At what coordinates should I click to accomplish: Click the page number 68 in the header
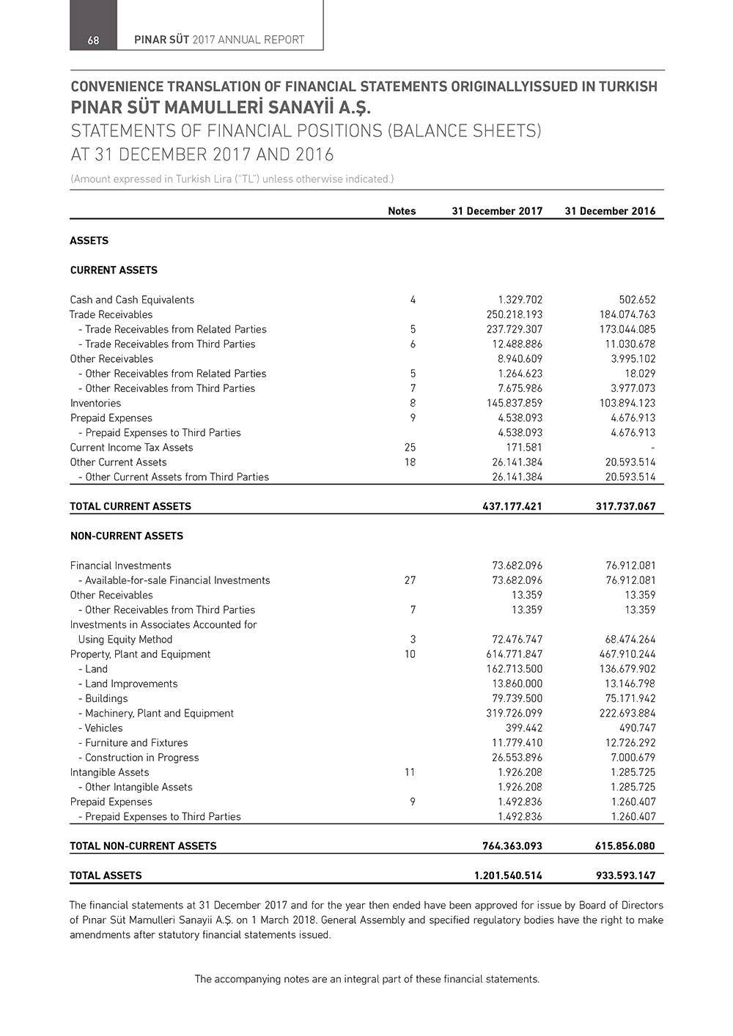click(93, 40)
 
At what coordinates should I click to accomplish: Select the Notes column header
click(402, 211)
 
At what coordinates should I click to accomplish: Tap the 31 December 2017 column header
click(497, 211)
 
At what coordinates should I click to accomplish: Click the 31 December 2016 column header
click(610, 211)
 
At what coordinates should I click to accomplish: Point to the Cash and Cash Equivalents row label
click(132, 300)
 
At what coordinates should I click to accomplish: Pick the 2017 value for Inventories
click(514, 403)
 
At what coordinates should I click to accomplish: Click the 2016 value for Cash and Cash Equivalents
click(637, 300)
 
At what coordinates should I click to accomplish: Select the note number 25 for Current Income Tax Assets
click(410, 448)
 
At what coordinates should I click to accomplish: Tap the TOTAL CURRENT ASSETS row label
click(130, 506)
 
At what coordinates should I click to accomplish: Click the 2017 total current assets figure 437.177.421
click(512, 506)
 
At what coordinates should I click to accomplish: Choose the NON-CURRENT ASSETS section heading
click(127, 536)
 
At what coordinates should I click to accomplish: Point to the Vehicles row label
click(103, 728)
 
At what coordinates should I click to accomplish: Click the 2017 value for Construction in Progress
click(517, 758)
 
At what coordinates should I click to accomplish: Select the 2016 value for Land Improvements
click(627, 684)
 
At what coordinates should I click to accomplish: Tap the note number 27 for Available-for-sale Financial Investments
click(410, 580)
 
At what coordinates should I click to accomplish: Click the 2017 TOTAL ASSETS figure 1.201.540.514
click(508, 876)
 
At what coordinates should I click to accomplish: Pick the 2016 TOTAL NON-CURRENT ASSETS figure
click(625, 846)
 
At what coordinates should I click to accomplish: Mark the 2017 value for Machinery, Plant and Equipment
click(514, 714)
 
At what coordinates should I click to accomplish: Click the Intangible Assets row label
click(109, 772)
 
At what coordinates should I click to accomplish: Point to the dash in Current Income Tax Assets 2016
click(652, 448)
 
